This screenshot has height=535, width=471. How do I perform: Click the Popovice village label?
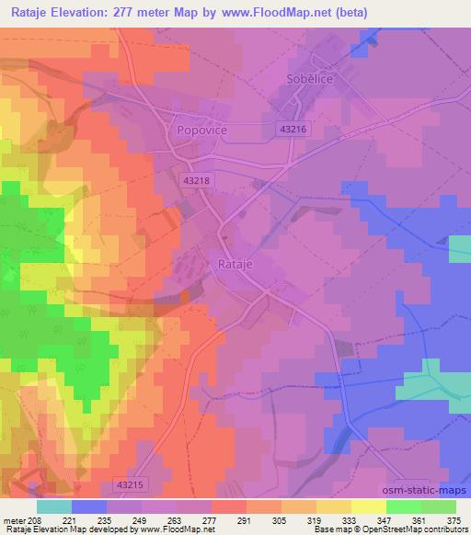coord(201,131)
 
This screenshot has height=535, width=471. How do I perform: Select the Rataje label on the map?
coord(236,264)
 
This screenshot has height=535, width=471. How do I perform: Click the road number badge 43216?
coord(291,131)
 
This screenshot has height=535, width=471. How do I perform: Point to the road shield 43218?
coord(198,181)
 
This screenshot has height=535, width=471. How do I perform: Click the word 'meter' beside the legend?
coord(13,519)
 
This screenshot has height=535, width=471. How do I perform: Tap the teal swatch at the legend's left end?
coord(54,507)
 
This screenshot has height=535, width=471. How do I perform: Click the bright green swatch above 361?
coord(404,507)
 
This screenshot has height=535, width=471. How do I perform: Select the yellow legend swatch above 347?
coord(369,507)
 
